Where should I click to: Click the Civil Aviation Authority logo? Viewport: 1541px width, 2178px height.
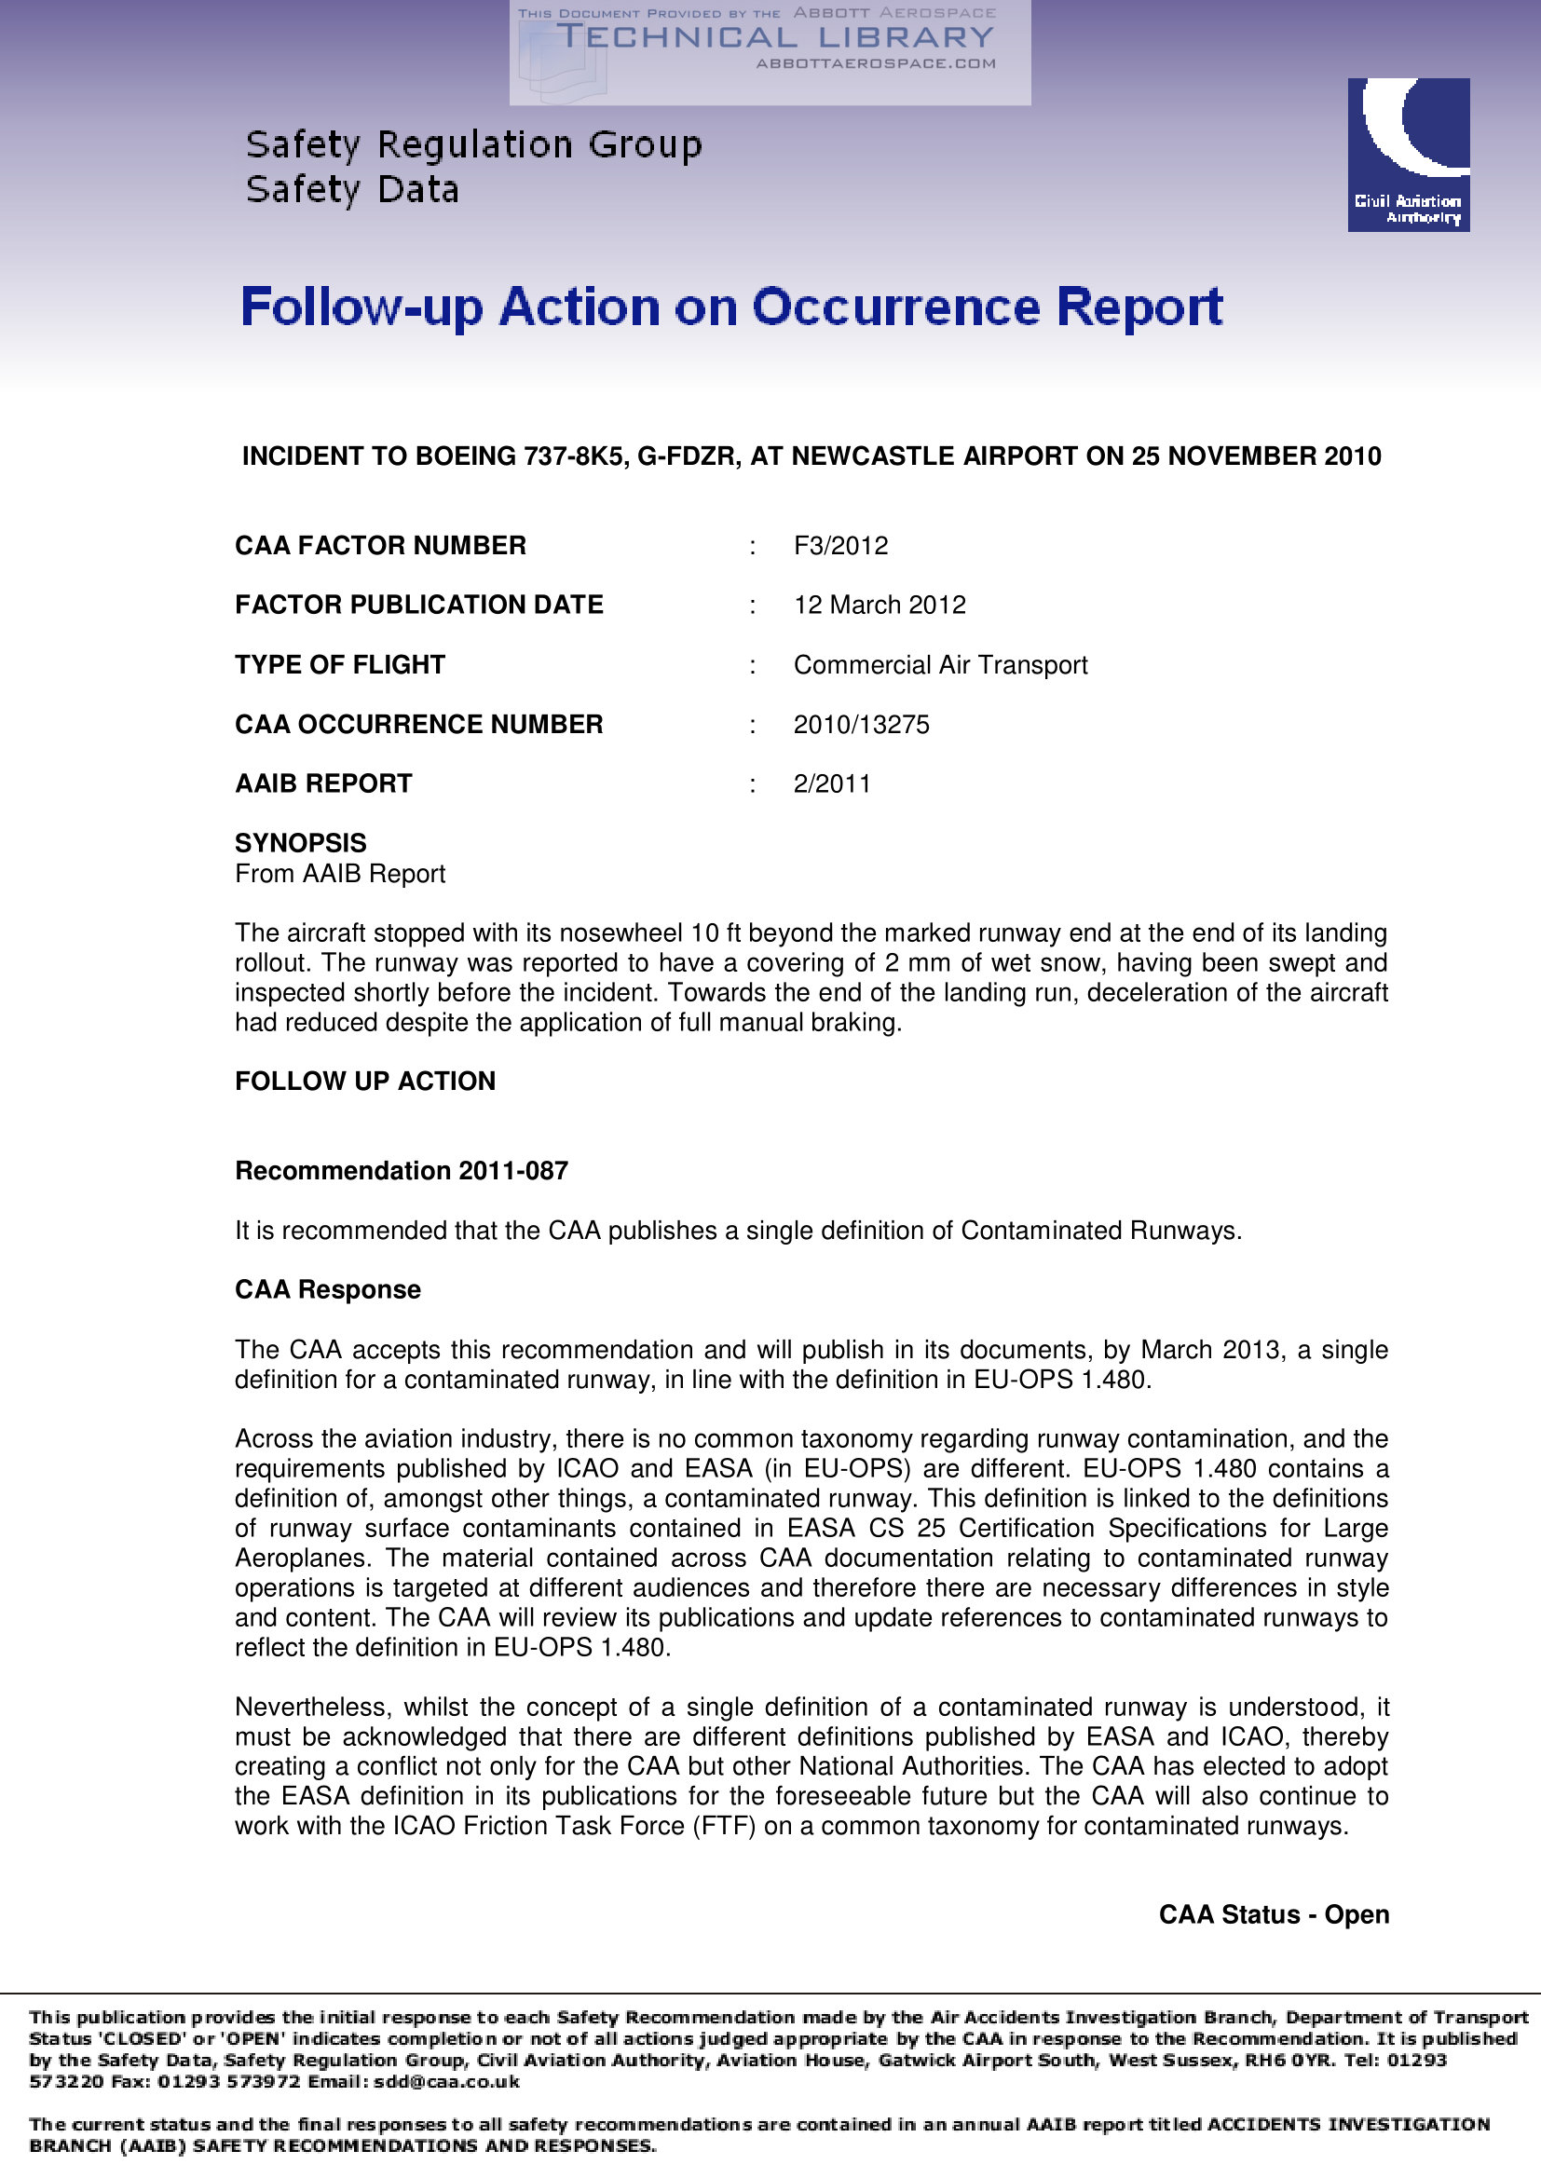click(x=1408, y=155)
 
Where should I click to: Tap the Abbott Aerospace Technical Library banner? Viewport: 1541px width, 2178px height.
click(x=770, y=52)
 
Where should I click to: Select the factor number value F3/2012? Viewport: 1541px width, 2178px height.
click(x=840, y=546)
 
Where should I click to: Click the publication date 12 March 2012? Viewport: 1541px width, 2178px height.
click(x=880, y=606)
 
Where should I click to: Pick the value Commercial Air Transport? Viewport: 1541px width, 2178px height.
click(x=940, y=665)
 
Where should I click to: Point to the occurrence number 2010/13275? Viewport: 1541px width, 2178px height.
click(x=862, y=725)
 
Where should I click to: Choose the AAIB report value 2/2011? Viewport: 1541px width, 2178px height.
click(x=832, y=783)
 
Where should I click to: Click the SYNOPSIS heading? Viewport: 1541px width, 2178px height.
click(x=301, y=843)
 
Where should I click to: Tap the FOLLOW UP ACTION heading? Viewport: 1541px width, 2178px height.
click(x=365, y=1082)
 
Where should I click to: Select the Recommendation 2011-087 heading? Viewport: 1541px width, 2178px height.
click(x=402, y=1171)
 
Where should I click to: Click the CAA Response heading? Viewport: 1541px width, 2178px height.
click(x=327, y=1290)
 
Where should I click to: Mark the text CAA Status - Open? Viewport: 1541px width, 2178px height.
click(x=1274, y=1914)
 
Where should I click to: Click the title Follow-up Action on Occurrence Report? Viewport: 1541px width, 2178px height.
click(x=731, y=307)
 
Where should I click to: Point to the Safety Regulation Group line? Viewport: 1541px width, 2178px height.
click(x=473, y=145)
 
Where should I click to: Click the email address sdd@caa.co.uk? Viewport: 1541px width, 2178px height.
click(x=446, y=2081)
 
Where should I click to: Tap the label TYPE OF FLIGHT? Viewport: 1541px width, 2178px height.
click(x=340, y=665)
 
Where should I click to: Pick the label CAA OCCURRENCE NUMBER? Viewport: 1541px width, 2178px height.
click(x=418, y=725)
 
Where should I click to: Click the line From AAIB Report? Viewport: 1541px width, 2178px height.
click(x=340, y=874)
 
